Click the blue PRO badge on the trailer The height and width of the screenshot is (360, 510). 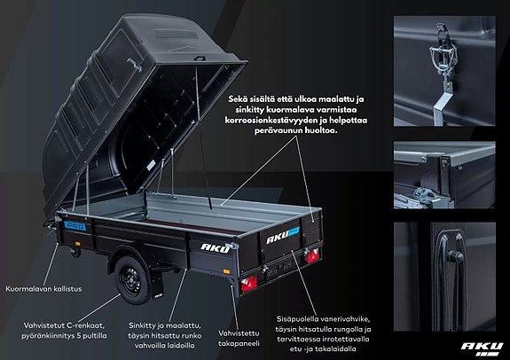tap(75, 226)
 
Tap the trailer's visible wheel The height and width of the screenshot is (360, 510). tap(133, 280)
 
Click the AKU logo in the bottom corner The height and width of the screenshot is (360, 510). tap(482, 348)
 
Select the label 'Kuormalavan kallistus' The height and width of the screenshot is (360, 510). tap(43, 289)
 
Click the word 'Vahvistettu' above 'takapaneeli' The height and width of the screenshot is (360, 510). tap(239, 333)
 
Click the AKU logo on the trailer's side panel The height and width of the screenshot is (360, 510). tap(215, 248)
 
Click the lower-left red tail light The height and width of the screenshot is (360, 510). tap(249, 284)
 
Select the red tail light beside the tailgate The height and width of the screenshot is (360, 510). tap(313, 255)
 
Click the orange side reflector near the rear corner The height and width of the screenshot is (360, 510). tap(226, 271)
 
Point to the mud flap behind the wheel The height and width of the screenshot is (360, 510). tap(157, 285)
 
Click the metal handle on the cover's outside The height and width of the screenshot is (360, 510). tap(135, 65)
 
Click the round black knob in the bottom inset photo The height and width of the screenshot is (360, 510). tap(455, 257)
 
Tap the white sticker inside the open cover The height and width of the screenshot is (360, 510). tap(151, 165)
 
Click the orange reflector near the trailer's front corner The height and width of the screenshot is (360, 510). tap(77, 244)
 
